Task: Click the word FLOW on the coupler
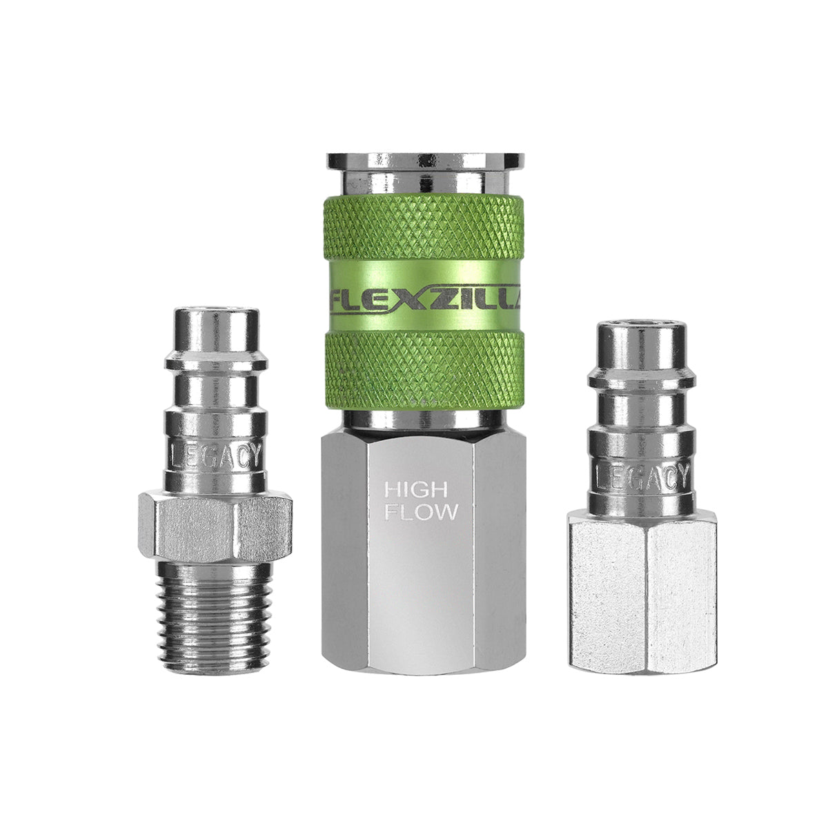421,512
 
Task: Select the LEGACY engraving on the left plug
215,455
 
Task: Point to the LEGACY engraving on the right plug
640,476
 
